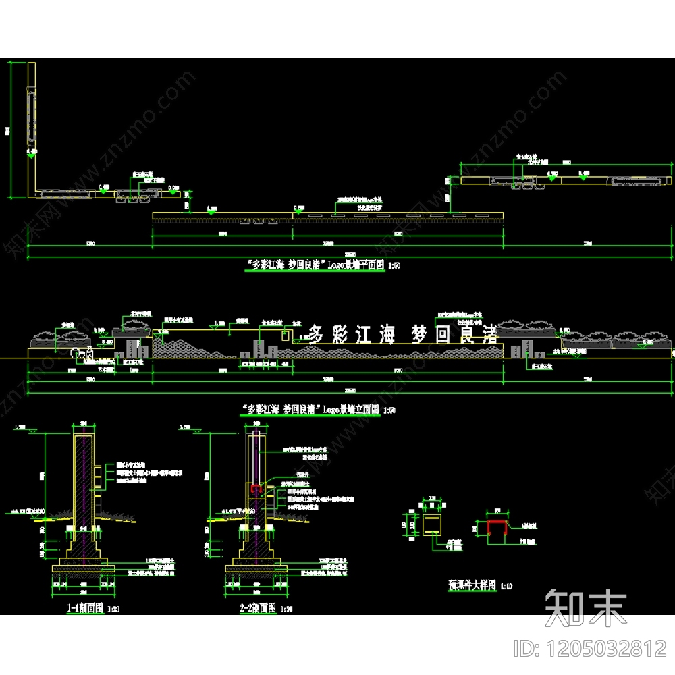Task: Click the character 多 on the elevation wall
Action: (317, 333)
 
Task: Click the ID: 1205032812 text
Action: (591, 649)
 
